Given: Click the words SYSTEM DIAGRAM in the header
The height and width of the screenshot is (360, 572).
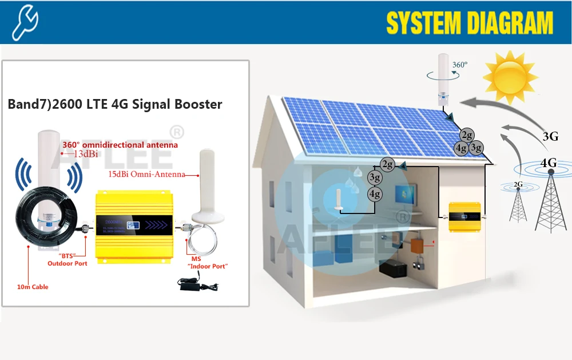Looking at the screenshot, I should [x=470, y=23].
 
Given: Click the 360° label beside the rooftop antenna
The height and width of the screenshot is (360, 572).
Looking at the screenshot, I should [x=460, y=65].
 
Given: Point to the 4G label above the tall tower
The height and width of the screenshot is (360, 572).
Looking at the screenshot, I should [x=549, y=163].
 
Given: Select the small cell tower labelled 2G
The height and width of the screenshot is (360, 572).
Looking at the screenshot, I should [x=518, y=203].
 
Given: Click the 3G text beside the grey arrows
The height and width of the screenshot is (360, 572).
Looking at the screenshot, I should [x=550, y=136].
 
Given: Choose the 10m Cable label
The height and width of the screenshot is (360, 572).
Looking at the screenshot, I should [x=33, y=287].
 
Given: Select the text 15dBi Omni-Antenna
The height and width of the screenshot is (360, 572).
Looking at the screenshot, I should [x=153, y=173].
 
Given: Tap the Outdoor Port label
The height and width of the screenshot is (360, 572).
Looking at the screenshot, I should [x=67, y=263].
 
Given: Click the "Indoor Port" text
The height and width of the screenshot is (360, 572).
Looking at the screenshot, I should [x=208, y=267].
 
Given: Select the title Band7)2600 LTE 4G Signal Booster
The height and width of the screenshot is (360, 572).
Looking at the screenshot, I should [x=115, y=105].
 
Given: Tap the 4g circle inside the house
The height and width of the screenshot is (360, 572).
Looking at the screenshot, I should [x=375, y=193].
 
